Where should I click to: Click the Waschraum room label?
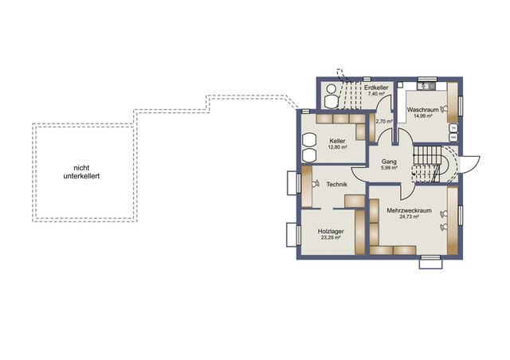coord(422,110)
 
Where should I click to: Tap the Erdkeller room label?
coord(376,88)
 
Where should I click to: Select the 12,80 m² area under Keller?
coord(337,147)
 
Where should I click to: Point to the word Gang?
coord(389,162)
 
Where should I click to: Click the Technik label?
coord(336,185)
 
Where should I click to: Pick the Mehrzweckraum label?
coord(409,211)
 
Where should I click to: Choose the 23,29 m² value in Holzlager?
coord(331,237)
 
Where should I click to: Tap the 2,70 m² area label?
coord(384,121)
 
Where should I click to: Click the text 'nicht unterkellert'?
coord(81,172)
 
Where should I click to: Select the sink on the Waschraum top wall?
coord(426,86)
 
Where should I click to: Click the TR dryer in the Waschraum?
coord(453,127)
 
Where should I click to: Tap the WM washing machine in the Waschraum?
coord(453,138)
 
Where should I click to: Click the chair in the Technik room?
coord(315,184)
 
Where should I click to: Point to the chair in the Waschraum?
coord(444,109)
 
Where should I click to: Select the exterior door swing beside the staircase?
coord(470,165)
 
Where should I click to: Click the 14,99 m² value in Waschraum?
coord(422,115)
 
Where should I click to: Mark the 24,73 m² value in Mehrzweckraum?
coord(409,217)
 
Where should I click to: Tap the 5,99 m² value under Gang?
coord(389,168)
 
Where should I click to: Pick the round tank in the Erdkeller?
coord(331,88)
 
